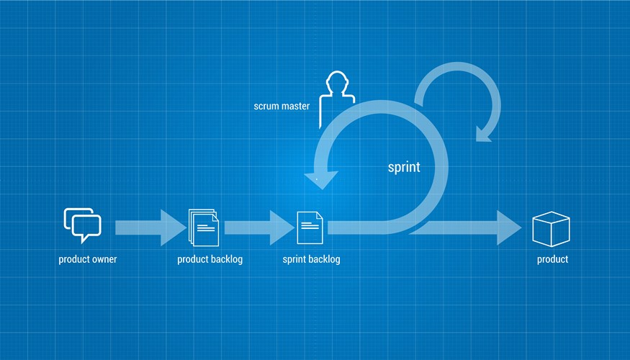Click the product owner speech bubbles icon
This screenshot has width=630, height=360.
[x=82, y=225]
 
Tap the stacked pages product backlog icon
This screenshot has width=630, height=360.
[x=204, y=228]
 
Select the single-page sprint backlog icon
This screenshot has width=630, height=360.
[x=310, y=228]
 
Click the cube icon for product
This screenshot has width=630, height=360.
[x=551, y=229]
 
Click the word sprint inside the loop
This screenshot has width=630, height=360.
[x=404, y=167]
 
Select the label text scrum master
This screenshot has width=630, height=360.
[x=282, y=106]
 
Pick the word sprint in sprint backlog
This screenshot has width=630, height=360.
[x=294, y=259]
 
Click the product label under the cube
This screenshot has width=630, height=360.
[x=552, y=259]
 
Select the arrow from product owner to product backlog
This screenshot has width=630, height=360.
[x=150, y=228]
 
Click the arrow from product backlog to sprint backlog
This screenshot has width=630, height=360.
[x=259, y=228]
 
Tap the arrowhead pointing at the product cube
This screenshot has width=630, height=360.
[x=509, y=228]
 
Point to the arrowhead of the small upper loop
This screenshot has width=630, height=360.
[x=484, y=134]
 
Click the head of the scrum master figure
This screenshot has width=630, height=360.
[x=336, y=81]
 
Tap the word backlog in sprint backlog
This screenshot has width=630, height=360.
[x=324, y=259]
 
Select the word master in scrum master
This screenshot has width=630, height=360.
[x=295, y=106]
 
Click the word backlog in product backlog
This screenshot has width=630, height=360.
[x=227, y=259]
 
